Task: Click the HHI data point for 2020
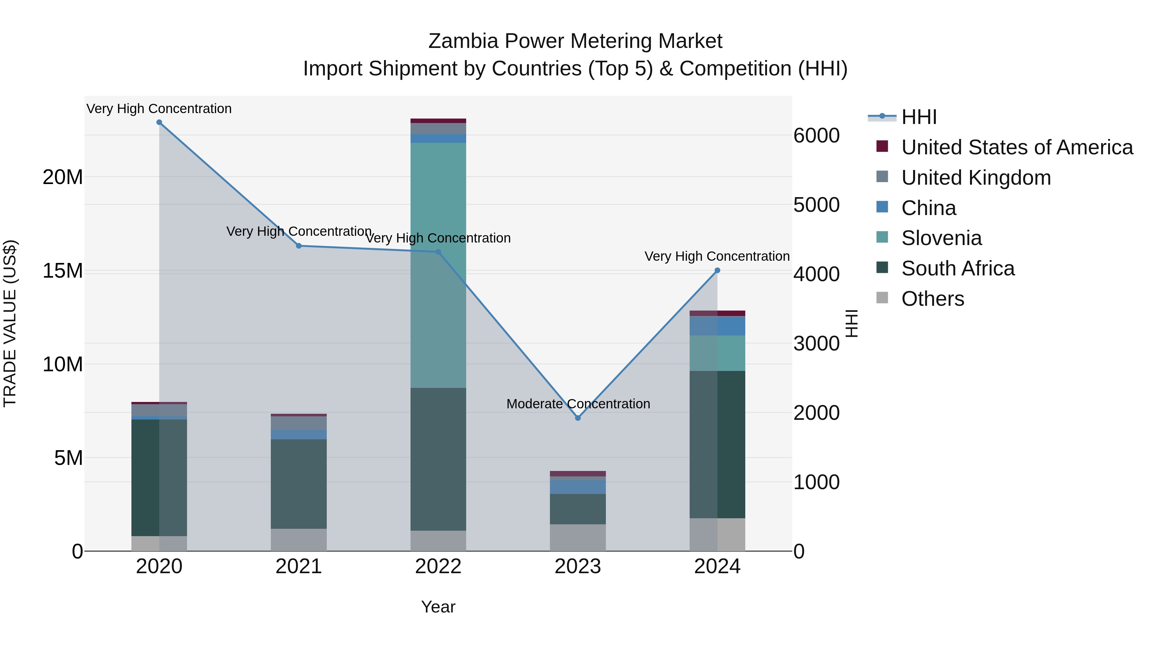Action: coord(159,122)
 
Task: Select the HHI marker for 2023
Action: coord(578,418)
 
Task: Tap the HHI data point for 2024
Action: coord(717,270)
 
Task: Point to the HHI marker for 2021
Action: coord(299,246)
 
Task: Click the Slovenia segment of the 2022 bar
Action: coord(438,265)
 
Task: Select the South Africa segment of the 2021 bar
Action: coord(299,484)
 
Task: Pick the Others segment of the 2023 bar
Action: coord(578,538)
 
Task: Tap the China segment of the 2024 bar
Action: coord(717,326)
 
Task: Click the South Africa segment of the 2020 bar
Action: coord(159,478)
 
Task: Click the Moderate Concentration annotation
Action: coord(578,404)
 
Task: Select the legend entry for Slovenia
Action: coord(942,238)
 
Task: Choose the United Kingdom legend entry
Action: coord(976,178)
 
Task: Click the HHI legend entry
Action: coord(919,117)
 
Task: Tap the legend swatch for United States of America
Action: coord(882,146)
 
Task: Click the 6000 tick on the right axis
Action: coord(816,136)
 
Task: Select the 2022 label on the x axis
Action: coord(438,566)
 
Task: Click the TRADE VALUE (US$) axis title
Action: coord(10,323)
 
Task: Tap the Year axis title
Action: coord(438,607)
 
